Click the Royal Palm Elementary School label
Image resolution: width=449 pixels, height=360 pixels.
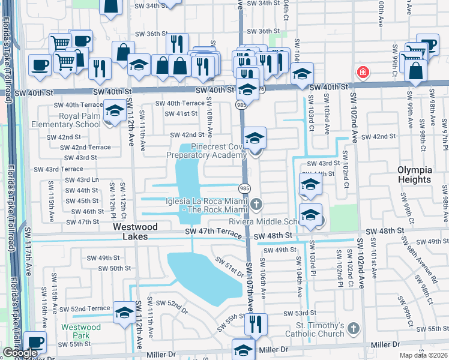[x=66, y=121]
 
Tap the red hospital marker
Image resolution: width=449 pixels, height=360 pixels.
[x=362, y=73]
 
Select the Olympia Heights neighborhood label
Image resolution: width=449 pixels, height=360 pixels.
[x=414, y=175]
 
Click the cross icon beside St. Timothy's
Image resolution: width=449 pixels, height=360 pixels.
[x=354, y=328]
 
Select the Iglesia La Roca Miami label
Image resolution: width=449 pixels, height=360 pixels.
[x=204, y=206]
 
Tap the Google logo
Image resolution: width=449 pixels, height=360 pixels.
[x=20, y=352]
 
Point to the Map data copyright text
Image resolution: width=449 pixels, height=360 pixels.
[x=423, y=355]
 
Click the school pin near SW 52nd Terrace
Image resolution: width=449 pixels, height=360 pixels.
[x=124, y=313]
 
